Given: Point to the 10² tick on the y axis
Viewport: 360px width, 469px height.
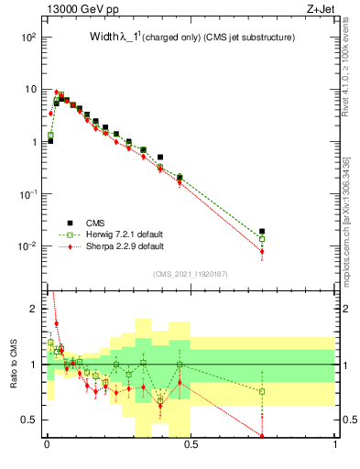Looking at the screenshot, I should coord(29,38).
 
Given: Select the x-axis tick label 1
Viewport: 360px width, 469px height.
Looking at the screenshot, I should coord(335,445).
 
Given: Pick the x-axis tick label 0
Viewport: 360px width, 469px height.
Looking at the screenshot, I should coord(47,445).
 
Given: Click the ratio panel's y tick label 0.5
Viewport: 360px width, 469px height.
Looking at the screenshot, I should coord(31,420).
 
